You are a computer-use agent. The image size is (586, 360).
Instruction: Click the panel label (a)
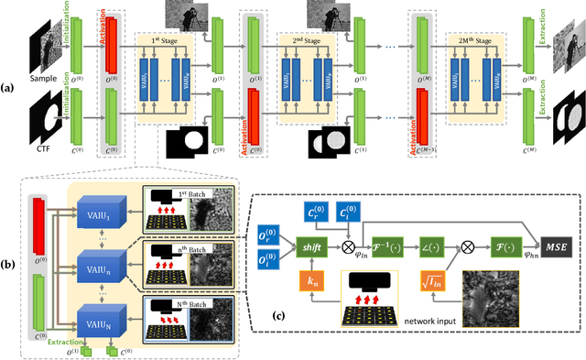click(x=8, y=87)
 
